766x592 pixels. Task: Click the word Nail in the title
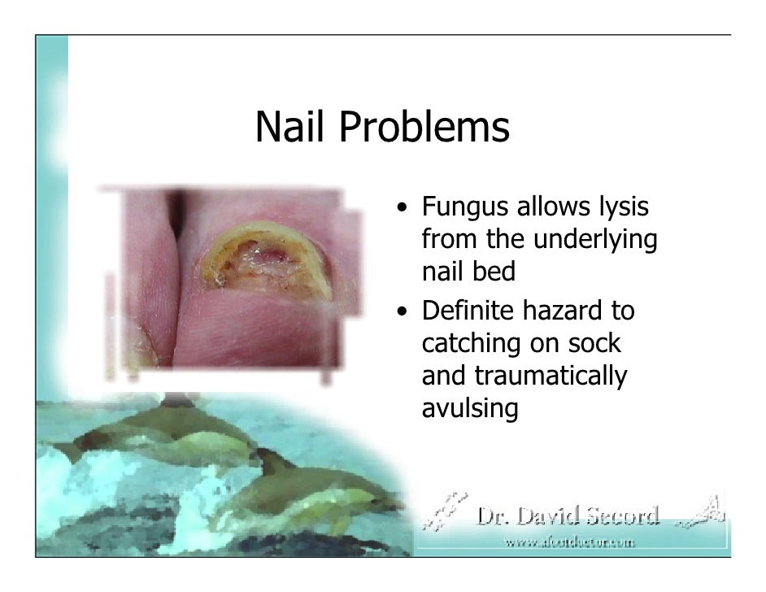pos(290,128)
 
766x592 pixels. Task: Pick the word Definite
pos(473,311)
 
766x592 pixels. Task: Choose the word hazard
pos(571,311)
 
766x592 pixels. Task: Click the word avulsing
pos(470,409)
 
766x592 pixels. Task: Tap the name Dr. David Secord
pos(568,516)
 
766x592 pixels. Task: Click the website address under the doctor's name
pos(569,541)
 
